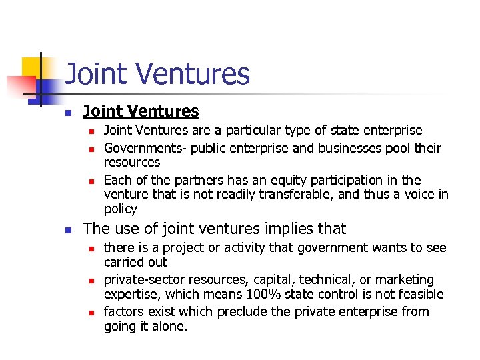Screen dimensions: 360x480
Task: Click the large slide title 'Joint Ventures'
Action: (157, 74)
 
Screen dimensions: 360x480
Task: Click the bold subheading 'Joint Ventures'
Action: (141, 111)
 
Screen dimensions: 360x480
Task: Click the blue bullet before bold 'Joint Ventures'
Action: (67, 113)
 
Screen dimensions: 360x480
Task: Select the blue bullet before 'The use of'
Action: (67, 230)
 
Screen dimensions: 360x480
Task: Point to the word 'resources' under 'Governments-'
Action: (132, 162)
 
